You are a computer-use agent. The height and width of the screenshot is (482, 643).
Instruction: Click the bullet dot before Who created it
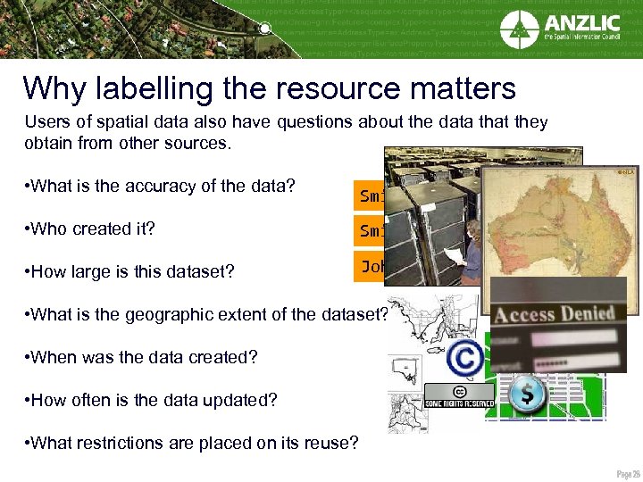[x=28, y=229]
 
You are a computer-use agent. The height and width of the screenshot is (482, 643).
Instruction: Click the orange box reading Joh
[x=370, y=267]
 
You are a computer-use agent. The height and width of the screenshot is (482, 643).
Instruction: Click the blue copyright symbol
[x=464, y=358]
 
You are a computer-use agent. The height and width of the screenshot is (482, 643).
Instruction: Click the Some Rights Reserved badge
[x=458, y=396]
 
